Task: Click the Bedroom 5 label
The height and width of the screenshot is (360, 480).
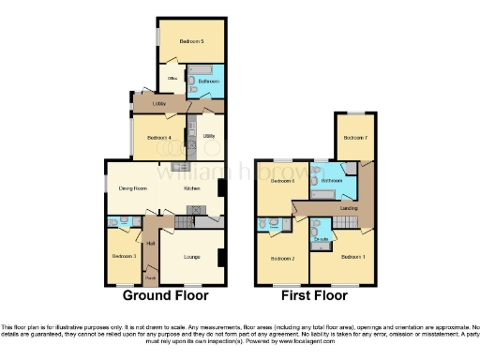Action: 192,42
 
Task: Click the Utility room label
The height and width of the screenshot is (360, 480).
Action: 209,137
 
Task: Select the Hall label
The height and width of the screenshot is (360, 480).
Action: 149,243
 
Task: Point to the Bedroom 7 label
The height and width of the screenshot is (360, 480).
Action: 354,139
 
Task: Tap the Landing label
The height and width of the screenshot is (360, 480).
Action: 349,207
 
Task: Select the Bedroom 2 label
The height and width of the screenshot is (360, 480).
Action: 283,258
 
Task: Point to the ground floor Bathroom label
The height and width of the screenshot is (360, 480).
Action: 208,82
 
